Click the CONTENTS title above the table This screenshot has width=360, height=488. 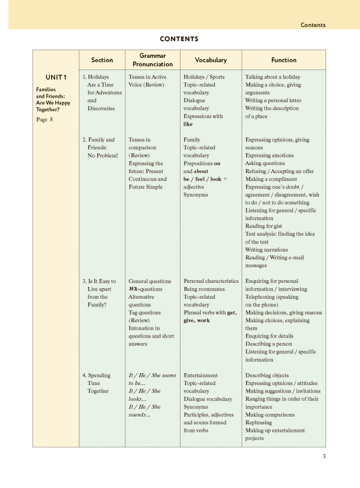(x=179, y=39)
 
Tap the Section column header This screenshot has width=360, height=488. (x=102, y=60)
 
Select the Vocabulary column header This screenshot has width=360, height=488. (x=211, y=60)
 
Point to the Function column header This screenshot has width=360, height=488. (x=284, y=60)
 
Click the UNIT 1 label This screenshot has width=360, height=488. (x=56, y=77)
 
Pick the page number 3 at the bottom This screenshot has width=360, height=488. (x=324, y=456)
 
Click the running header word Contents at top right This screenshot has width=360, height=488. (x=313, y=25)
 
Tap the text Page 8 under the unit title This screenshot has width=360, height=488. (x=44, y=120)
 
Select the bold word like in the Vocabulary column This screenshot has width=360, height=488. (x=188, y=124)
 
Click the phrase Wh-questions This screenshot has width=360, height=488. (x=145, y=289)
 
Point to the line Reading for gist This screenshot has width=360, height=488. (x=264, y=226)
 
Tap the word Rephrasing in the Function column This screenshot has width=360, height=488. (x=259, y=422)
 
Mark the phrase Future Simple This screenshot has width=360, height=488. (x=145, y=187)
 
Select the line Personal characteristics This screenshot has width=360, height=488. (x=211, y=281)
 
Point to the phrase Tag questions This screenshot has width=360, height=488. (x=145, y=313)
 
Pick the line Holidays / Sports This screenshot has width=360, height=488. (x=204, y=77)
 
